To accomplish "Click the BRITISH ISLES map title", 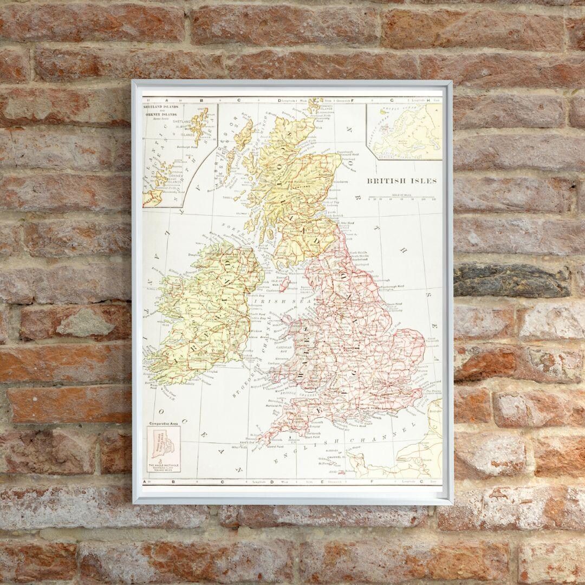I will pyautogui.click(x=402, y=181).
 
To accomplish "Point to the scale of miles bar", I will pyautogui.click(x=401, y=198).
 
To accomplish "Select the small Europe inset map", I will pyautogui.click(x=404, y=132).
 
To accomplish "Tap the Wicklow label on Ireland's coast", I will pyautogui.click(x=257, y=330).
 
